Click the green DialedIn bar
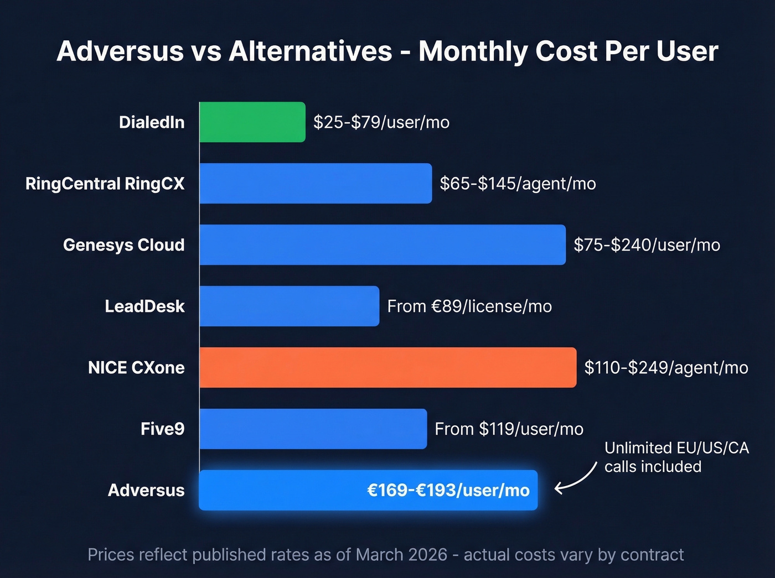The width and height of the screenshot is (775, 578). [252, 122]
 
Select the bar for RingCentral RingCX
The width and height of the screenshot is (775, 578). [316, 183]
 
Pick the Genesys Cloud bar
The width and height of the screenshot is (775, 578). [382, 244]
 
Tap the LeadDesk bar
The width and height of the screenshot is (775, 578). [289, 306]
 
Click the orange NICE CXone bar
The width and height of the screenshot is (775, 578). [387, 367]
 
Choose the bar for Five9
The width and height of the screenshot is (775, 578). [313, 429]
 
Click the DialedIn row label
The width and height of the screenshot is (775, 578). [152, 122]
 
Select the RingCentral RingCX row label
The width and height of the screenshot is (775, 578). [105, 184]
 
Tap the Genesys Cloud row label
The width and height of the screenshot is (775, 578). [123, 245]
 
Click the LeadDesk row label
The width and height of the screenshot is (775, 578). [144, 306]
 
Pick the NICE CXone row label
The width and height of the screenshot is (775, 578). [136, 368]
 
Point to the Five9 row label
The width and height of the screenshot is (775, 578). [162, 429]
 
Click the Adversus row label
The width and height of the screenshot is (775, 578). [146, 491]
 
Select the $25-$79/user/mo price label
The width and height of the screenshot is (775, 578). [381, 122]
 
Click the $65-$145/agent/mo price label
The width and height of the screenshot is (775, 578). [518, 184]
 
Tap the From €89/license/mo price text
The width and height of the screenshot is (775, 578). [469, 306]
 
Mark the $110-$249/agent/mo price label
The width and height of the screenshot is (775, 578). [666, 368]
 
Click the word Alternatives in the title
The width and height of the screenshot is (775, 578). [311, 51]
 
